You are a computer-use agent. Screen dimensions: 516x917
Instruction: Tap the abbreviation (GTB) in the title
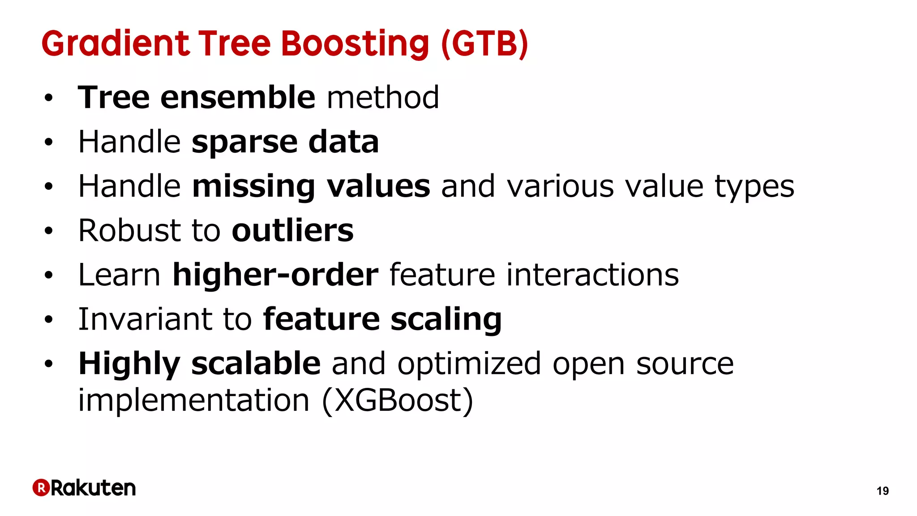(x=484, y=43)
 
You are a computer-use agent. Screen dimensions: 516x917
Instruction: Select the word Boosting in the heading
(x=355, y=43)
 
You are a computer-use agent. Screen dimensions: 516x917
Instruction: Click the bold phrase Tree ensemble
(x=197, y=97)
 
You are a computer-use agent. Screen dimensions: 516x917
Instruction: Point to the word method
(x=383, y=97)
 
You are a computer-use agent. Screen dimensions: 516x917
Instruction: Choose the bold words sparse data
(x=285, y=142)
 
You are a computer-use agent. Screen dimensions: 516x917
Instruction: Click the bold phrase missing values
(x=311, y=186)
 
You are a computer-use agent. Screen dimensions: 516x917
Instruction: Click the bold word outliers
(x=292, y=230)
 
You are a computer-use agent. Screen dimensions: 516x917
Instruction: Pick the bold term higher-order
(x=275, y=275)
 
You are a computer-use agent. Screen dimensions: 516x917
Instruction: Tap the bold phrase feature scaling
(x=382, y=319)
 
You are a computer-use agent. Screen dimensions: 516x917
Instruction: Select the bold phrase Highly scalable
(x=199, y=363)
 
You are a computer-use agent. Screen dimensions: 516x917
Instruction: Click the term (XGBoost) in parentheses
(x=398, y=400)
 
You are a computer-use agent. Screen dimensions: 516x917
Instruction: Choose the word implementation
(x=193, y=400)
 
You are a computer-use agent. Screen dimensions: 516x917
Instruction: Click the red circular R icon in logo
(x=41, y=487)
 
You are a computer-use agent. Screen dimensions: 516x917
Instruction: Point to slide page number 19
(x=882, y=491)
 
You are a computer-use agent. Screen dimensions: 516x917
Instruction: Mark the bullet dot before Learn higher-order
(x=48, y=275)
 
